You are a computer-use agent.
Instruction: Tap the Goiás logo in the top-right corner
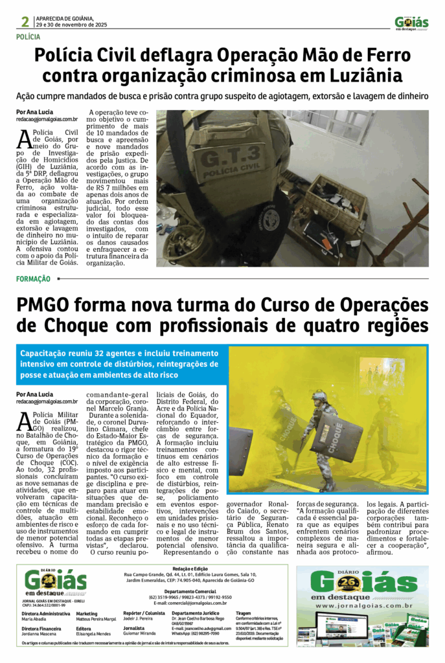coord(411,23)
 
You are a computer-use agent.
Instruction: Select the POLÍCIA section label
coord(32,38)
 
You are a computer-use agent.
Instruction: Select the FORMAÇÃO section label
coord(34,278)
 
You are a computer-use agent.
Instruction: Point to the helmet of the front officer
coord(319,395)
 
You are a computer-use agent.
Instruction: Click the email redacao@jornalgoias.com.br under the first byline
coord(47,120)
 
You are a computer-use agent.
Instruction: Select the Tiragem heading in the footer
coord(244,612)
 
